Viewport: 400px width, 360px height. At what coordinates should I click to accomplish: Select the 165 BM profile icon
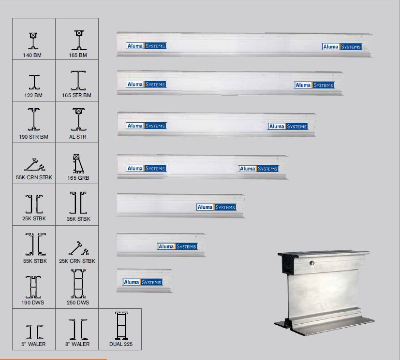pos(77,41)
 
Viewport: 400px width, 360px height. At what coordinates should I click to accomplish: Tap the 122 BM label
pos(33,95)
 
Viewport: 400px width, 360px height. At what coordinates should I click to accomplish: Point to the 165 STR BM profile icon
pos(77,81)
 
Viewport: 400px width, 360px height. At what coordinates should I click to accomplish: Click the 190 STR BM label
pos(33,137)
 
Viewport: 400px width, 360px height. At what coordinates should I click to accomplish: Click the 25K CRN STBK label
pos(77,261)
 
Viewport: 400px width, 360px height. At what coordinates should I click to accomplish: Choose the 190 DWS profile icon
pos(34,288)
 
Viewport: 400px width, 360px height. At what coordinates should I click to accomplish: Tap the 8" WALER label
pos(77,345)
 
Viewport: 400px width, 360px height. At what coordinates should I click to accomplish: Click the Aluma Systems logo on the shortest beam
pos(143,282)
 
